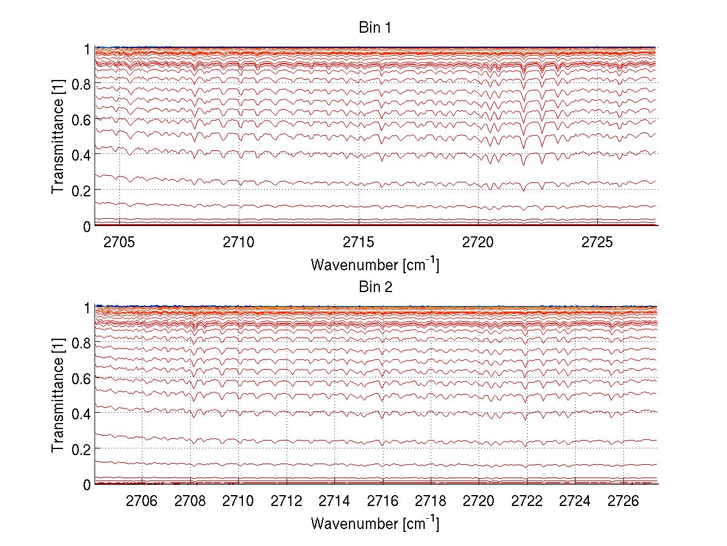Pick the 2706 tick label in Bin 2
(142, 501)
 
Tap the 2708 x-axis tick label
(190, 501)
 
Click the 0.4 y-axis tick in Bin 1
(81, 155)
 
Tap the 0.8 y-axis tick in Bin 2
(81, 343)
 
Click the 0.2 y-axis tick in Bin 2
(81, 449)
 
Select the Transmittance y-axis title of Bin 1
(58, 136)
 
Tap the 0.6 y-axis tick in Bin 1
(81, 119)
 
